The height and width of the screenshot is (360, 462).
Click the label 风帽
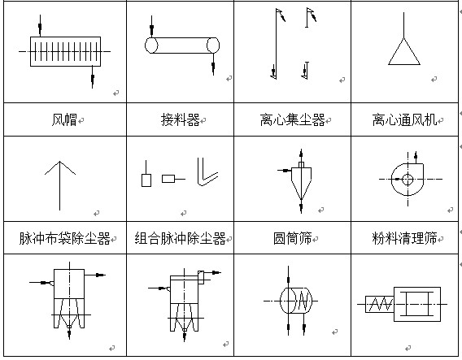(64, 119)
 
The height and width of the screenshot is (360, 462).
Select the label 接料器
(180, 119)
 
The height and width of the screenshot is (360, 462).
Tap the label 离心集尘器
(292, 119)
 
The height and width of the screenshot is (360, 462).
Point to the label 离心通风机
(404, 119)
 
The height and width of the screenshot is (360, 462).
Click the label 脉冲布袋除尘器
(64, 238)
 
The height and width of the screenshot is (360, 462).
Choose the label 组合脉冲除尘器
(180, 238)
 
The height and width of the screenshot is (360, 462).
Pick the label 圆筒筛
(292, 238)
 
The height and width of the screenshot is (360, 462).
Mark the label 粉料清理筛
(404, 238)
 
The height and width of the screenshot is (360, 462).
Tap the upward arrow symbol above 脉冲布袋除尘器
(60, 185)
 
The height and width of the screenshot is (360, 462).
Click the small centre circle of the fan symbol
(408, 180)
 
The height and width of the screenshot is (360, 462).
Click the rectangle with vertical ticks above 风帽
(65, 51)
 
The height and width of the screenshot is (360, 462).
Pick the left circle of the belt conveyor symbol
(151, 46)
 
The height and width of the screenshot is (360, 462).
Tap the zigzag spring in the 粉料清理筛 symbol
(381, 304)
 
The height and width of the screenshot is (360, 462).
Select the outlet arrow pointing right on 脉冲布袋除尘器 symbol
(95, 275)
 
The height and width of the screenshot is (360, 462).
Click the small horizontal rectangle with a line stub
(173, 179)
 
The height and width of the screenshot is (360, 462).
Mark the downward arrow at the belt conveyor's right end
(213, 64)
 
